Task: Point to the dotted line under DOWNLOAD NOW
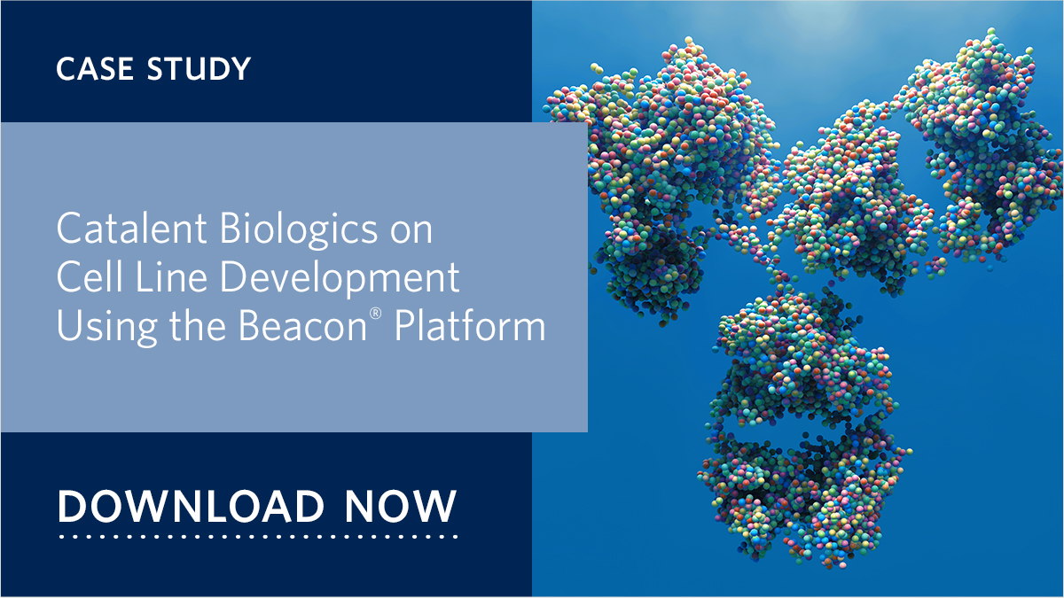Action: coord(257,536)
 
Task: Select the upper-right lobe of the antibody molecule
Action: coord(966,133)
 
